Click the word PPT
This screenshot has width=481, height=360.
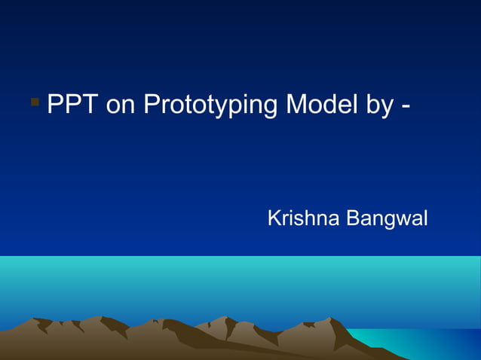[72, 105]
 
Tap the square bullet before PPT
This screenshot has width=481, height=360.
[35, 100]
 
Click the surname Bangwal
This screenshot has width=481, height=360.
[387, 220]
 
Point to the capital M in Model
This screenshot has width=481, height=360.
[296, 105]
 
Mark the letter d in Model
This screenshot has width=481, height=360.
[328, 105]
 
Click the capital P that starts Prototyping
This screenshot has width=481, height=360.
[152, 105]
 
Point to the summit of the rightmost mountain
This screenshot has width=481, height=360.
[329, 319]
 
